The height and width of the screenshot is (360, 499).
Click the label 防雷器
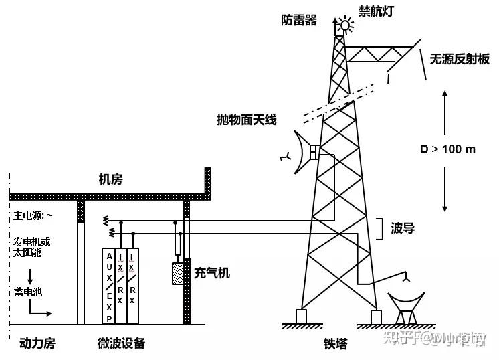point(299,19)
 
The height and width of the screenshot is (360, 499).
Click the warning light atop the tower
point(345,25)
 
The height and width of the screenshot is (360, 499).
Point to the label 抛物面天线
point(247,120)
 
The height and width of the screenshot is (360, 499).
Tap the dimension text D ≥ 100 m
point(447,149)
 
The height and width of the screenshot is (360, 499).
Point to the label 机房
point(110,179)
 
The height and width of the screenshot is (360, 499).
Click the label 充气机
point(212,272)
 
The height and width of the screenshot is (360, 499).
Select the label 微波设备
point(121,343)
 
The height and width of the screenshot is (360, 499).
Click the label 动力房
point(37,343)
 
